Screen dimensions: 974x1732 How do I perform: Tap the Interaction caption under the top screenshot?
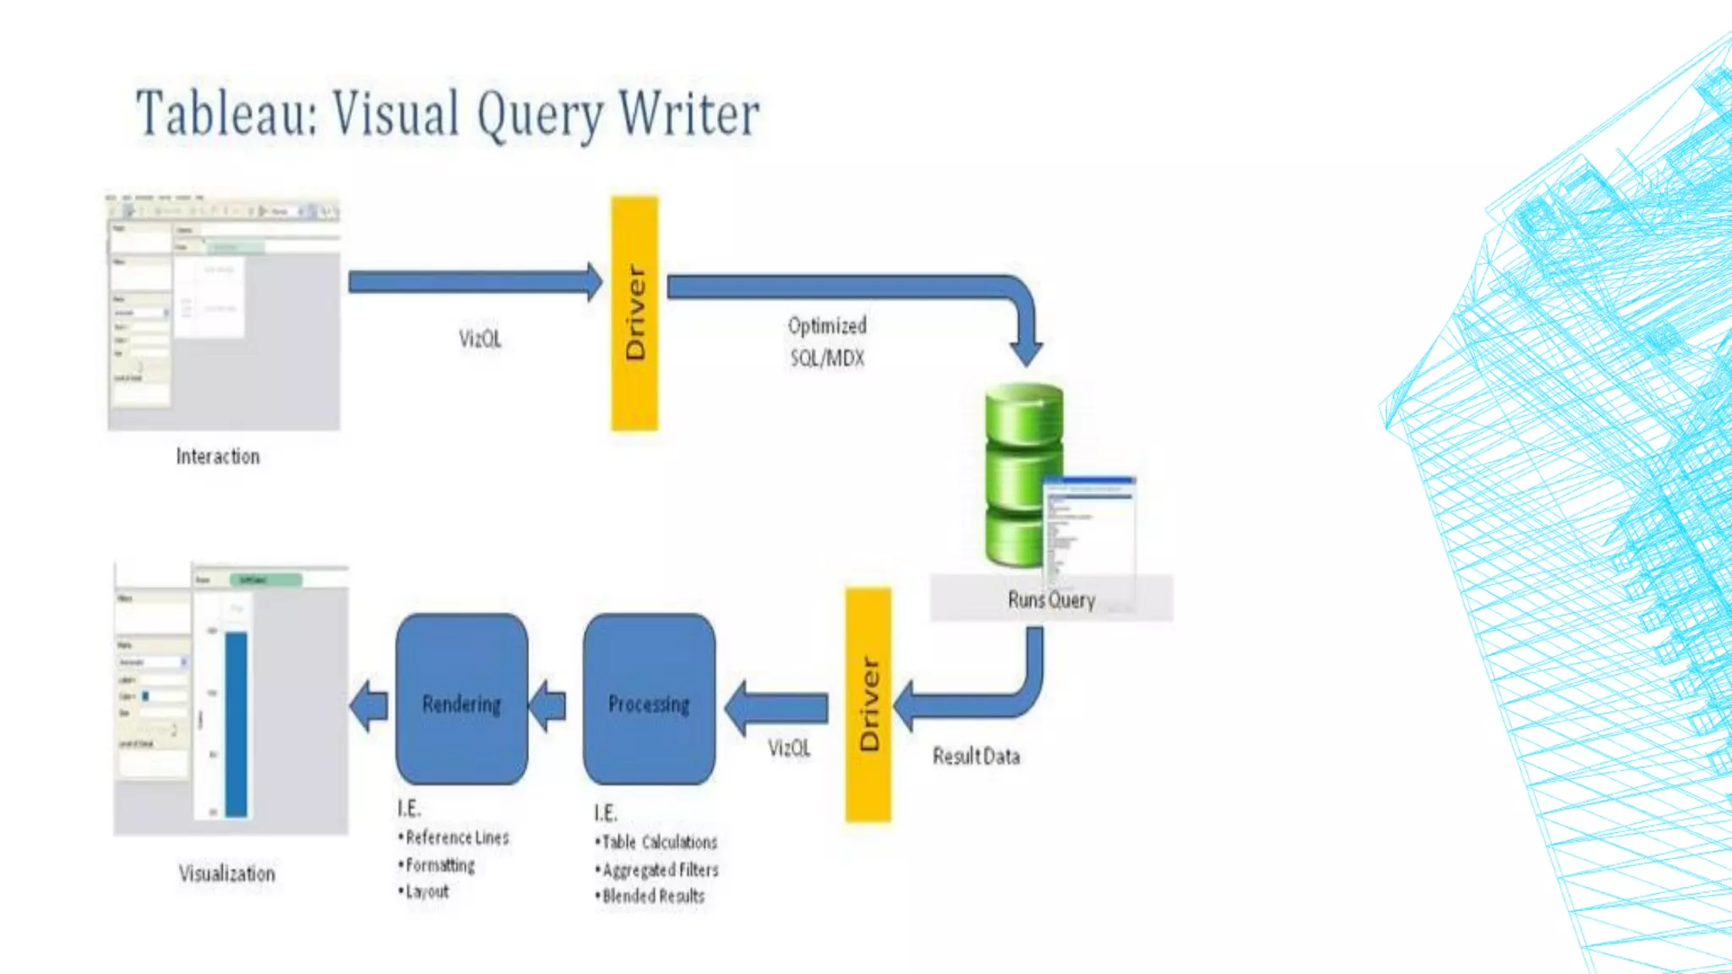pyautogui.click(x=217, y=457)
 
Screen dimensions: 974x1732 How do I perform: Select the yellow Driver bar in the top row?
pyautogui.click(x=634, y=313)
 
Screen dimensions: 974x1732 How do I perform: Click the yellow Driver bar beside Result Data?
pyautogui.click(x=868, y=704)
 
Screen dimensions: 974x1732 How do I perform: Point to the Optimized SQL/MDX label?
pyautogui.click(x=827, y=342)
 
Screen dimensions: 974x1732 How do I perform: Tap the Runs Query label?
pyautogui.click(x=1051, y=599)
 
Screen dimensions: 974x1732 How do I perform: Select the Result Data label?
pyautogui.click(x=976, y=756)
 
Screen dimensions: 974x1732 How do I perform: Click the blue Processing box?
pyautogui.click(x=649, y=700)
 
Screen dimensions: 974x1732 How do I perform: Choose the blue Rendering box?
pyautogui.click(x=462, y=700)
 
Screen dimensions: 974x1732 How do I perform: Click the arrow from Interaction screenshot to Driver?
pyautogui.click(x=474, y=282)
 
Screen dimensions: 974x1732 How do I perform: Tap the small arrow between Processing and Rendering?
pyautogui.click(x=549, y=705)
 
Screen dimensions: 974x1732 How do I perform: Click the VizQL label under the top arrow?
pyautogui.click(x=480, y=339)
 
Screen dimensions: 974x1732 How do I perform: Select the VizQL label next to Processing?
pyautogui.click(x=789, y=748)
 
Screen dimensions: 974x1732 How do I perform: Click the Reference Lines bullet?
pyautogui.click(x=457, y=838)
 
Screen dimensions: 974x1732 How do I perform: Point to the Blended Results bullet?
pyautogui.click(x=652, y=896)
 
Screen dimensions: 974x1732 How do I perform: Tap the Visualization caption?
pyautogui.click(x=227, y=873)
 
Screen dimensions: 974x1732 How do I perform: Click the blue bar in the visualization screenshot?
pyautogui.click(x=236, y=723)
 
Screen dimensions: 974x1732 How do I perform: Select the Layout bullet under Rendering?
pyautogui.click(x=427, y=891)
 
